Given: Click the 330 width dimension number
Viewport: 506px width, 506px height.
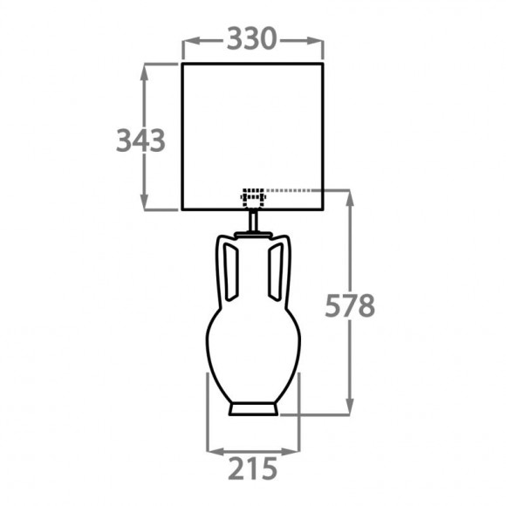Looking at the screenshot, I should point(251,39).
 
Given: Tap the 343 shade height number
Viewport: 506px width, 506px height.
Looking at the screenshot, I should point(140,140).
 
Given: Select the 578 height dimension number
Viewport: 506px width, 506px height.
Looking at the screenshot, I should point(350,306).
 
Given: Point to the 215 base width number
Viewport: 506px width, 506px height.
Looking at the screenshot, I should point(252,468).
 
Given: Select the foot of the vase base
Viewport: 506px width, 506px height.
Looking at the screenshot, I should point(253,409).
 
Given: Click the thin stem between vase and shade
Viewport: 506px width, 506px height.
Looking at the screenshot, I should point(253,222).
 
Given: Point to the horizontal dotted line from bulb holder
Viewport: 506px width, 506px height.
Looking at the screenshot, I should point(305,189).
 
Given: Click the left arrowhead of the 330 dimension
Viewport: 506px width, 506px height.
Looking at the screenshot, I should point(187,39).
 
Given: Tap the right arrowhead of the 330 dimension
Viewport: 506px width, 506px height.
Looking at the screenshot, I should point(318,39).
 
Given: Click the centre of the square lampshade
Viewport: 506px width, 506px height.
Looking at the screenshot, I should point(253,137).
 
